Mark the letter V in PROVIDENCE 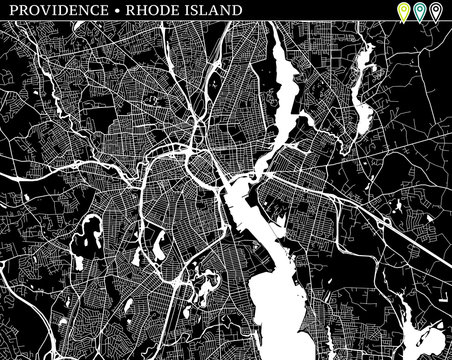coord(39,10)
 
